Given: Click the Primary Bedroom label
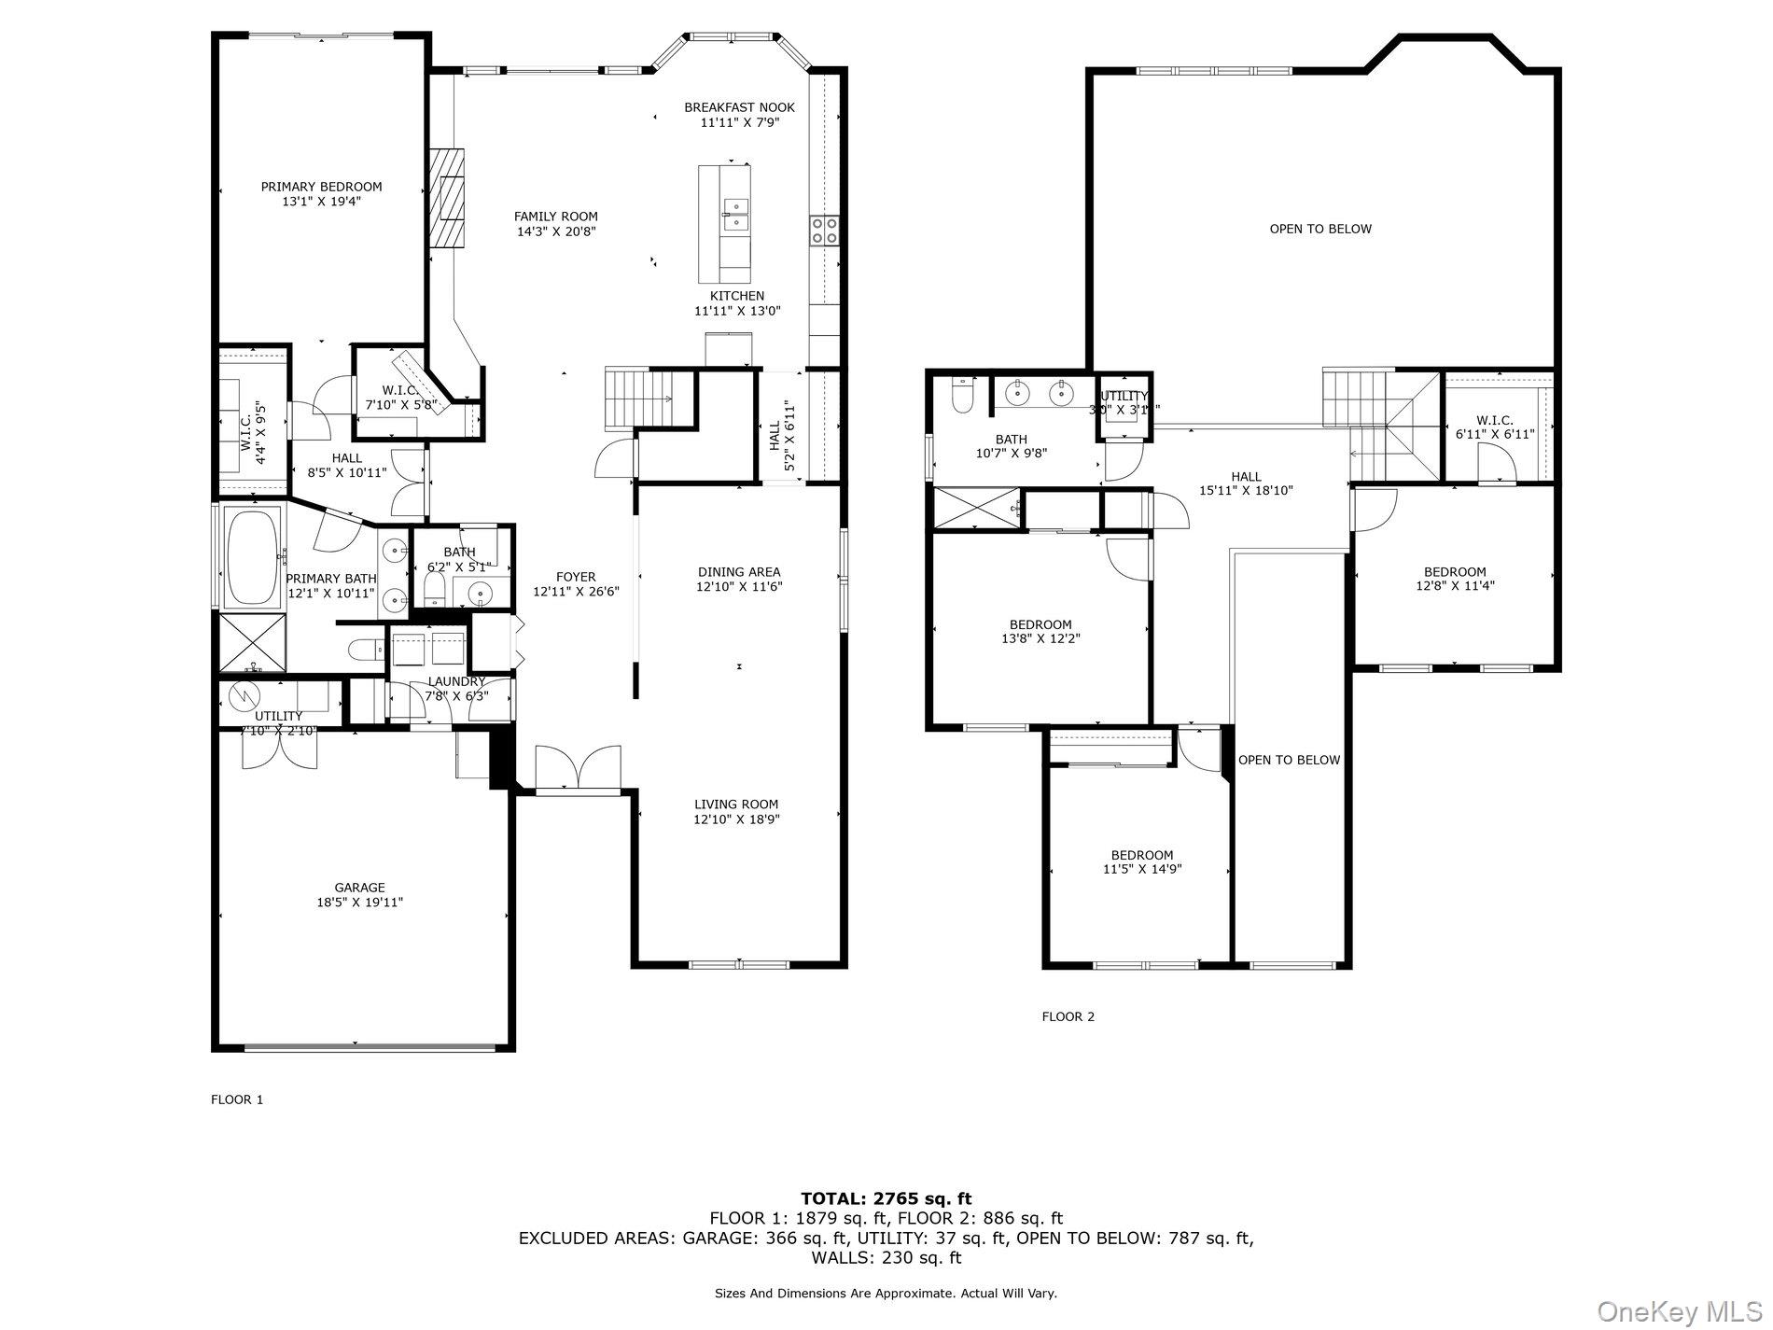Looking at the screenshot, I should [321, 187].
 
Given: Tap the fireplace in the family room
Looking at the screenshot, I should [447, 197].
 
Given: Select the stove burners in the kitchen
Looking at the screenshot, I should [824, 230].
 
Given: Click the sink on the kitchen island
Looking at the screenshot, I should [734, 214].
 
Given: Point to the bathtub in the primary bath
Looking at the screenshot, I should [254, 556].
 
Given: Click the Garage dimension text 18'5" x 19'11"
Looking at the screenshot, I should [359, 903].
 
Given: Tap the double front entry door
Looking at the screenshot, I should [579, 768].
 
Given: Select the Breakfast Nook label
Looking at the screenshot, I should [739, 107].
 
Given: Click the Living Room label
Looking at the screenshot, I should [736, 805].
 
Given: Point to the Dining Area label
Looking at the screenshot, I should [738, 572].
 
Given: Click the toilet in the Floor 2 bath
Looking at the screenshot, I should [962, 396].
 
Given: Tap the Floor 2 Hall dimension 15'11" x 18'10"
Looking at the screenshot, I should [1246, 490].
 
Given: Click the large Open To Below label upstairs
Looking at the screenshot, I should [1320, 229].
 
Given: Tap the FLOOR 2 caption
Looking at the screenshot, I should [1068, 1016].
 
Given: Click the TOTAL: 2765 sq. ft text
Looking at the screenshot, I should [886, 1198].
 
